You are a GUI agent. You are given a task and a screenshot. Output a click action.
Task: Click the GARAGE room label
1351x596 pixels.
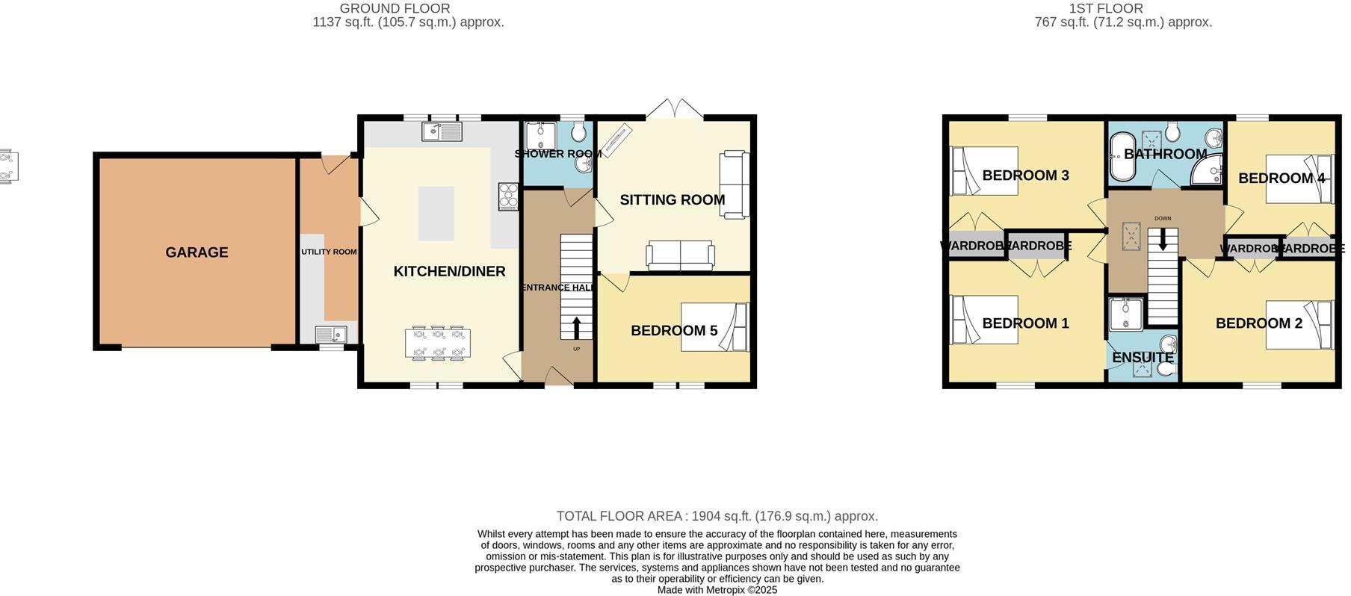coord(197,252)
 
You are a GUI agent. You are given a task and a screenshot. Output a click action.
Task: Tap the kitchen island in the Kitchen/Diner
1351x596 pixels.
coord(436,214)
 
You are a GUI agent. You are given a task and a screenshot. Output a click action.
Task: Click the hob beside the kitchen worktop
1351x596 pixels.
coord(508,196)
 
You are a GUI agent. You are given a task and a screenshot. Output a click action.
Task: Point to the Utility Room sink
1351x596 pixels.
coord(330,334)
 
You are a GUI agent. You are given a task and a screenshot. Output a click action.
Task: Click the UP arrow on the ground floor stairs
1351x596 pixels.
coord(577,328)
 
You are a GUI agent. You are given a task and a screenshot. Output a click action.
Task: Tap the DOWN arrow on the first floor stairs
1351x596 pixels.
coord(1162,239)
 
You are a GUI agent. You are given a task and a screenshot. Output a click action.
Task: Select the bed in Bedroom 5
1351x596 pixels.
coord(714,326)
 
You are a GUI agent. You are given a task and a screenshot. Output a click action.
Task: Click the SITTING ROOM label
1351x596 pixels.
coord(672,199)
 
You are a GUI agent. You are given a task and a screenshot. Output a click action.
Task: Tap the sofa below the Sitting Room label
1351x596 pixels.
coord(679,255)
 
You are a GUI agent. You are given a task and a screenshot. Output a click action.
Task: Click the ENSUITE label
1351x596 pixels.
coord(1143,358)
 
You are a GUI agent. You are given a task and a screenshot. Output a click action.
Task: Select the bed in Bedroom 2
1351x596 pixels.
coord(1299,325)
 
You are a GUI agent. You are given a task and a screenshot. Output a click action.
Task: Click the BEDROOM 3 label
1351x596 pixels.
coord(1024,176)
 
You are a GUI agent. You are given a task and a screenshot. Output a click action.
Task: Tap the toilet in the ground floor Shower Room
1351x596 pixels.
coord(578,133)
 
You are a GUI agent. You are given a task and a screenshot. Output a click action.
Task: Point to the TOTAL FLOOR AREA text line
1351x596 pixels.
coord(717,516)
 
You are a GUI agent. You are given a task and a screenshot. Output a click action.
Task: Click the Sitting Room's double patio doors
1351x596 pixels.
coord(674,110)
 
